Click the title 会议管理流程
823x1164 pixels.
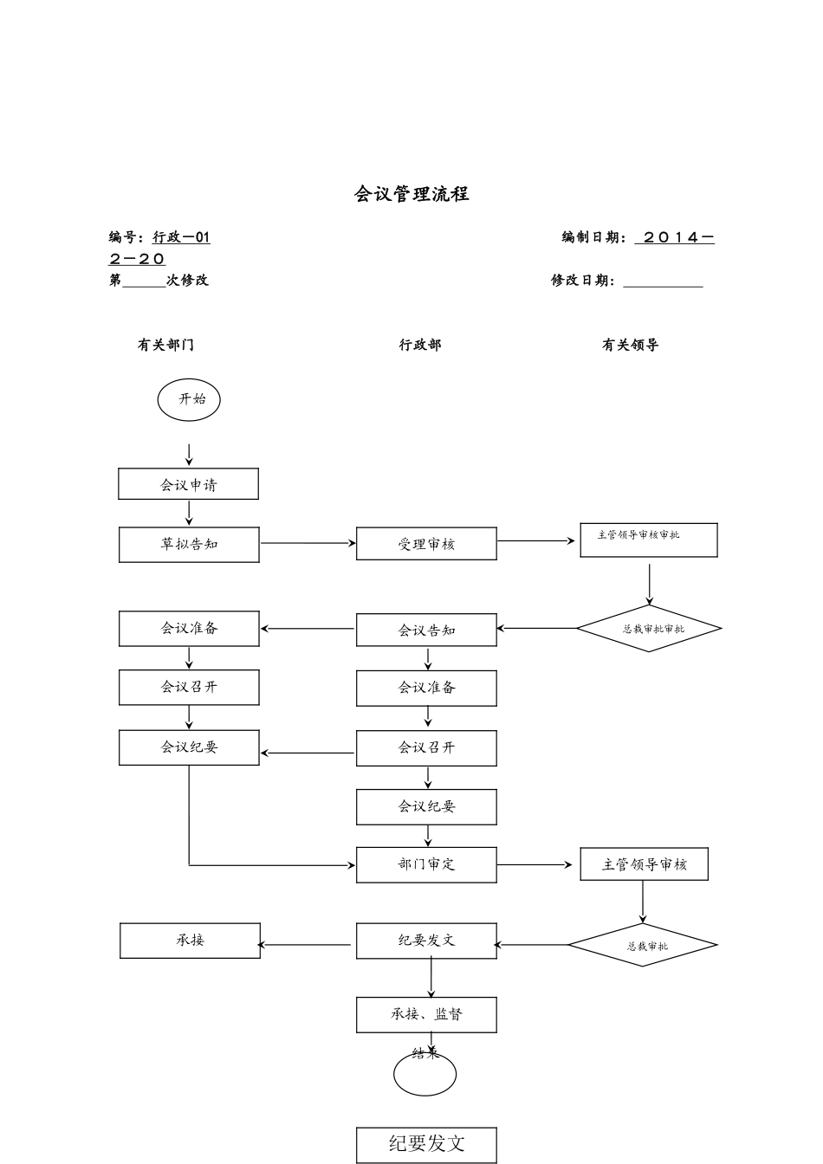click(x=411, y=194)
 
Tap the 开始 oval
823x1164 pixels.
click(x=189, y=400)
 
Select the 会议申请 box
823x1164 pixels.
click(x=188, y=484)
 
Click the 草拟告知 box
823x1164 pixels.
click(x=189, y=545)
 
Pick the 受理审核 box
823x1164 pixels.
click(x=426, y=544)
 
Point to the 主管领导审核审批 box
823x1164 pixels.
click(x=648, y=540)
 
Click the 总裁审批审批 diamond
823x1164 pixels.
click(x=649, y=629)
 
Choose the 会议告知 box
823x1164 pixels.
click(x=426, y=630)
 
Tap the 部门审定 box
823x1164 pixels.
click(x=426, y=864)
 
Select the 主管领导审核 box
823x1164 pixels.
click(x=644, y=864)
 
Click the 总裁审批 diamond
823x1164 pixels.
click(x=643, y=945)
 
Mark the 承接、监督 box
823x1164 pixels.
click(x=426, y=1015)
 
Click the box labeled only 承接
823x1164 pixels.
click(x=190, y=941)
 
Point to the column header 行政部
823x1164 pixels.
click(x=420, y=345)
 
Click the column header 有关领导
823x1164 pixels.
click(x=630, y=345)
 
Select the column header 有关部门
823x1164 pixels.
click(x=165, y=345)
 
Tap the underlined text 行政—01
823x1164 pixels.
click(x=181, y=237)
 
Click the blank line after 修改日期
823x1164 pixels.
click(x=663, y=281)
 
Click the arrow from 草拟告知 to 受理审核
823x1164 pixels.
click(x=308, y=544)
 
